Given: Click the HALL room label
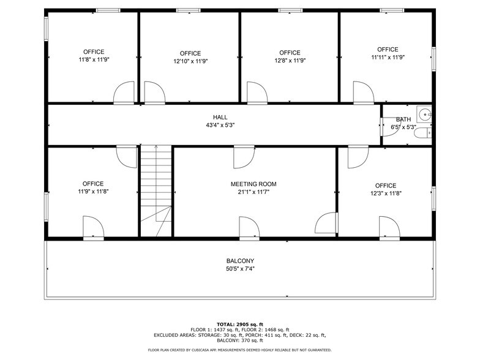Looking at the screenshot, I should click(220, 117).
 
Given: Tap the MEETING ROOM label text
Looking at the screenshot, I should click(253, 184).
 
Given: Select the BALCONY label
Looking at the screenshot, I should click(240, 261).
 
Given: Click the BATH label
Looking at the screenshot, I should click(403, 119).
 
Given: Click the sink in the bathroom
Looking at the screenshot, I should click(424, 113).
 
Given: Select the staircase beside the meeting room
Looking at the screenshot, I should click(156, 190).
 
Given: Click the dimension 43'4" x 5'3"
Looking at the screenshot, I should click(220, 125).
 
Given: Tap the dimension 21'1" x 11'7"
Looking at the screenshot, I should click(253, 192).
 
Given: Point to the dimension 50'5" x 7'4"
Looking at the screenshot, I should click(240, 269).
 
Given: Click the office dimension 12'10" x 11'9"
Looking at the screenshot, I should click(190, 61).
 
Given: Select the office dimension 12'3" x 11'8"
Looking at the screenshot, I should click(386, 193).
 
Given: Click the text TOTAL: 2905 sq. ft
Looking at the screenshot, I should click(240, 324).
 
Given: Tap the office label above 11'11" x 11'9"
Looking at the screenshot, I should click(388, 50).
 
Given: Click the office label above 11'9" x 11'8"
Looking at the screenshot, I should click(93, 184).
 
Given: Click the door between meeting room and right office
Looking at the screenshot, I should click(328, 222).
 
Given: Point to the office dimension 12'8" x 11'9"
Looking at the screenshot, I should click(290, 61).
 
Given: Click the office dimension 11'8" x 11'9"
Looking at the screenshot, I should click(94, 60).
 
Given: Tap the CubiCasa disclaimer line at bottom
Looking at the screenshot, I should click(240, 350).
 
